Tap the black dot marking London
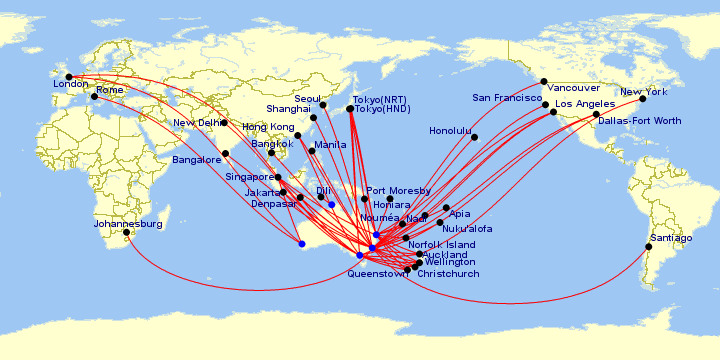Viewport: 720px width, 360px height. tap(69, 77)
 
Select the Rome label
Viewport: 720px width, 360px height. tap(109, 90)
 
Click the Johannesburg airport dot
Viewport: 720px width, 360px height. tap(127, 232)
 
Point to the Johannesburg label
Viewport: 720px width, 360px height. tap(122, 224)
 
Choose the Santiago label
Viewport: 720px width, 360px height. tap(670, 238)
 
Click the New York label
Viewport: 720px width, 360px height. tap(644, 92)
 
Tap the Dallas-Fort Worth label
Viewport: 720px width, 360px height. tap(640, 121)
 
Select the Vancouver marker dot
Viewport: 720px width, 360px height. tap(544, 81)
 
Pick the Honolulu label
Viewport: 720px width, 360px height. tap(449, 130)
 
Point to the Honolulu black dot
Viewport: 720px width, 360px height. tap(475, 137)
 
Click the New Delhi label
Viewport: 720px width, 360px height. tap(197, 123)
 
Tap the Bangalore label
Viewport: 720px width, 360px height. tap(196, 160)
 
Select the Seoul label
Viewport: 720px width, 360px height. tap(308, 100)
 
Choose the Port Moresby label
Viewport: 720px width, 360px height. tap(398, 191)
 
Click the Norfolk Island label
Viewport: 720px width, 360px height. tap(441, 245)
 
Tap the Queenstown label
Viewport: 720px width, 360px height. tap(378, 275)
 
